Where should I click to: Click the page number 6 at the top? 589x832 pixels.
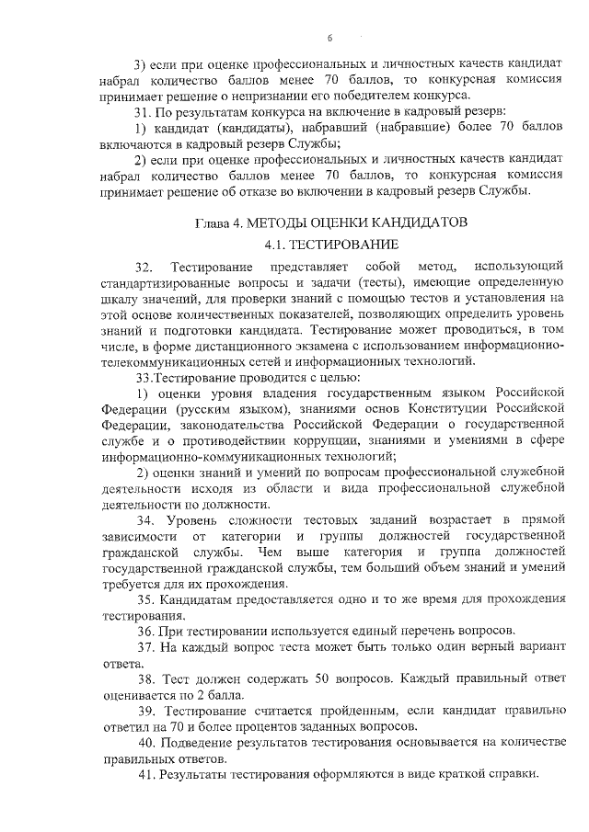329,38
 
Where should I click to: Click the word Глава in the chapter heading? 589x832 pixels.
213,223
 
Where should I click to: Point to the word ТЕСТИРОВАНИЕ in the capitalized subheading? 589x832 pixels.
345,245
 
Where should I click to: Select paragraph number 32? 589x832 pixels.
144,267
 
